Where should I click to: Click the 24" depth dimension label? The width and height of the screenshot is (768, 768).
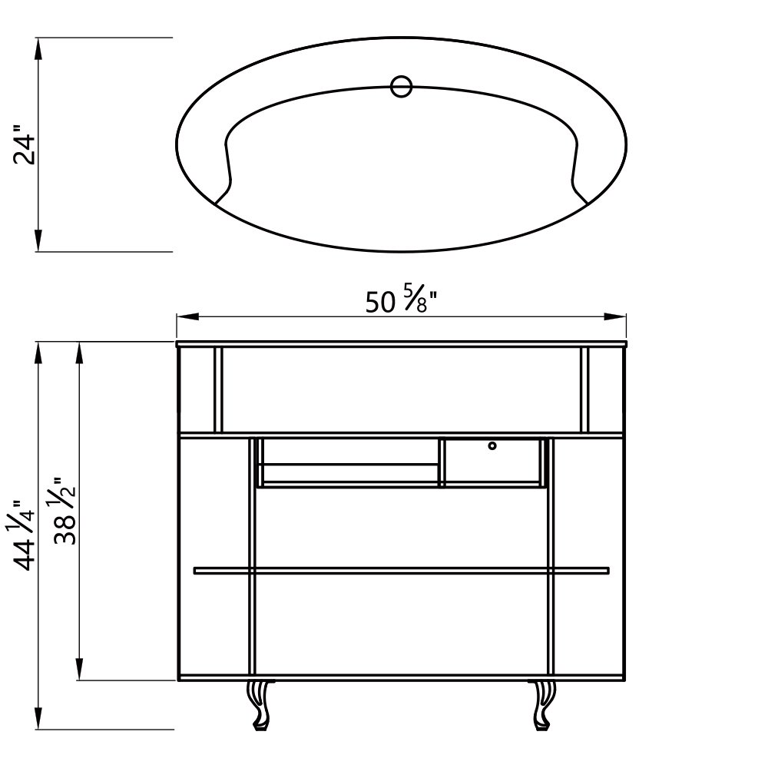point(26,149)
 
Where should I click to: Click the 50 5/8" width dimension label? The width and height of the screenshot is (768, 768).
point(401,303)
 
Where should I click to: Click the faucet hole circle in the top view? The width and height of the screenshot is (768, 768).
point(402,86)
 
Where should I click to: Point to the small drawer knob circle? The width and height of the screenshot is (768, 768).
point(492,445)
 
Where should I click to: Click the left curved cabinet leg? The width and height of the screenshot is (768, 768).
point(260,705)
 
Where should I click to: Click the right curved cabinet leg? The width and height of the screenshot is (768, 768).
point(544,705)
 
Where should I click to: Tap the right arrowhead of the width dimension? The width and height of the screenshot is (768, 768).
point(617,316)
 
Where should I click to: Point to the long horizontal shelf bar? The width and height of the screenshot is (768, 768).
point(401,571)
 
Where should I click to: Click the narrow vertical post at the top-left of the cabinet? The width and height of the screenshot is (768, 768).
point(218,390)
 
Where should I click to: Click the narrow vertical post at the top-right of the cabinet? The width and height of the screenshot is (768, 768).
point(584,390)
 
